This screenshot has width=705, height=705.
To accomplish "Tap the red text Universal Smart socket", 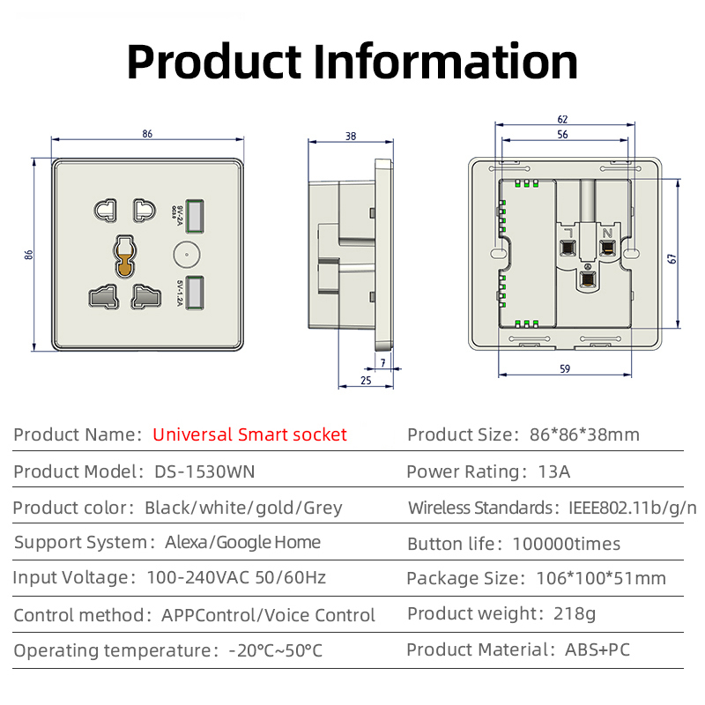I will tap(249, 434).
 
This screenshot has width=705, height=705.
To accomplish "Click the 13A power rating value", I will tap(553, 471).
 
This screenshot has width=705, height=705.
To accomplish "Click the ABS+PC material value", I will tap(597, 650).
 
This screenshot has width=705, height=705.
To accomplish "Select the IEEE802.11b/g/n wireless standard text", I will tap(628, 508).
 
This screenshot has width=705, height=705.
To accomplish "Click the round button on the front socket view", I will tap(185, 254).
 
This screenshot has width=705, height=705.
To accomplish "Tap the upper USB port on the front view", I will tap(197, 215).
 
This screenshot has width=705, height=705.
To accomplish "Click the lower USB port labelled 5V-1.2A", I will tap(197, 291).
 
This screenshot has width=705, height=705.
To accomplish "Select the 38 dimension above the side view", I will tap(351, 136).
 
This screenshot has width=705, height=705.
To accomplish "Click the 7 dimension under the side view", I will tap(382, 362).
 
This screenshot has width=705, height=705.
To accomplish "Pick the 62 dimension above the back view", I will tap(562, 119).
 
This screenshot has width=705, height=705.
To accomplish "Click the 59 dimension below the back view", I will tap(564, 369).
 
